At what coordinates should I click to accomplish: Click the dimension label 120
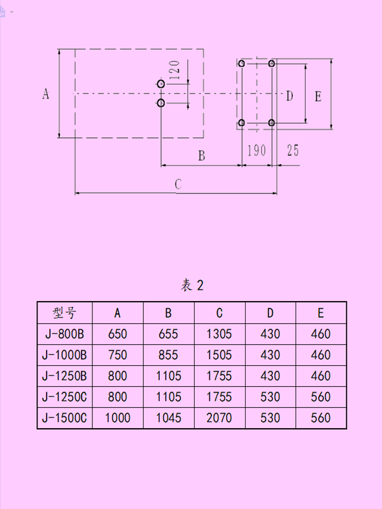176,69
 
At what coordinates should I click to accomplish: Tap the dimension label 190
256,150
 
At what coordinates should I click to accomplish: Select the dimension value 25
293,150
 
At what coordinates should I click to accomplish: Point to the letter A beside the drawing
45,94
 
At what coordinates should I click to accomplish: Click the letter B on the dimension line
201,155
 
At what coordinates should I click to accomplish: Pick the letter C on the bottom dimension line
179,184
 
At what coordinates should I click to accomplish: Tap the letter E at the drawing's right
318,96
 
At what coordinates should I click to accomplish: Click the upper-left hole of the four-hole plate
242,64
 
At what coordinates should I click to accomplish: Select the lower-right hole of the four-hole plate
272,122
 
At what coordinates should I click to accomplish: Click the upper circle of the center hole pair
161,84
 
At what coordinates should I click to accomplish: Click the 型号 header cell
64,312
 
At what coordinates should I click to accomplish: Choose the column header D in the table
270,312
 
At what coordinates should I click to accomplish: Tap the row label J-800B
64,333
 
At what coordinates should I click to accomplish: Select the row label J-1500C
64,418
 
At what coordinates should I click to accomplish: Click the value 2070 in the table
219,418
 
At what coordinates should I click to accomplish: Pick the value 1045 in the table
168,418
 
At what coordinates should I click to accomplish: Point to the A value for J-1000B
117,354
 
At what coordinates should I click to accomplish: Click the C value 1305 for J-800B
219,333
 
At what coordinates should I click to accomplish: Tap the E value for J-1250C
321,397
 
